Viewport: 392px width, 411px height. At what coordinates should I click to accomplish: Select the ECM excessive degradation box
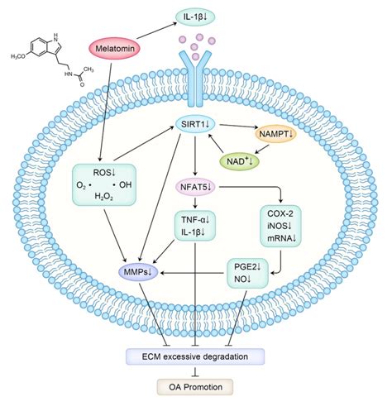click(196, 356)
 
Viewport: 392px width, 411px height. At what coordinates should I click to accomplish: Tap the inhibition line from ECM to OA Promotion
click(196, 372)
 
